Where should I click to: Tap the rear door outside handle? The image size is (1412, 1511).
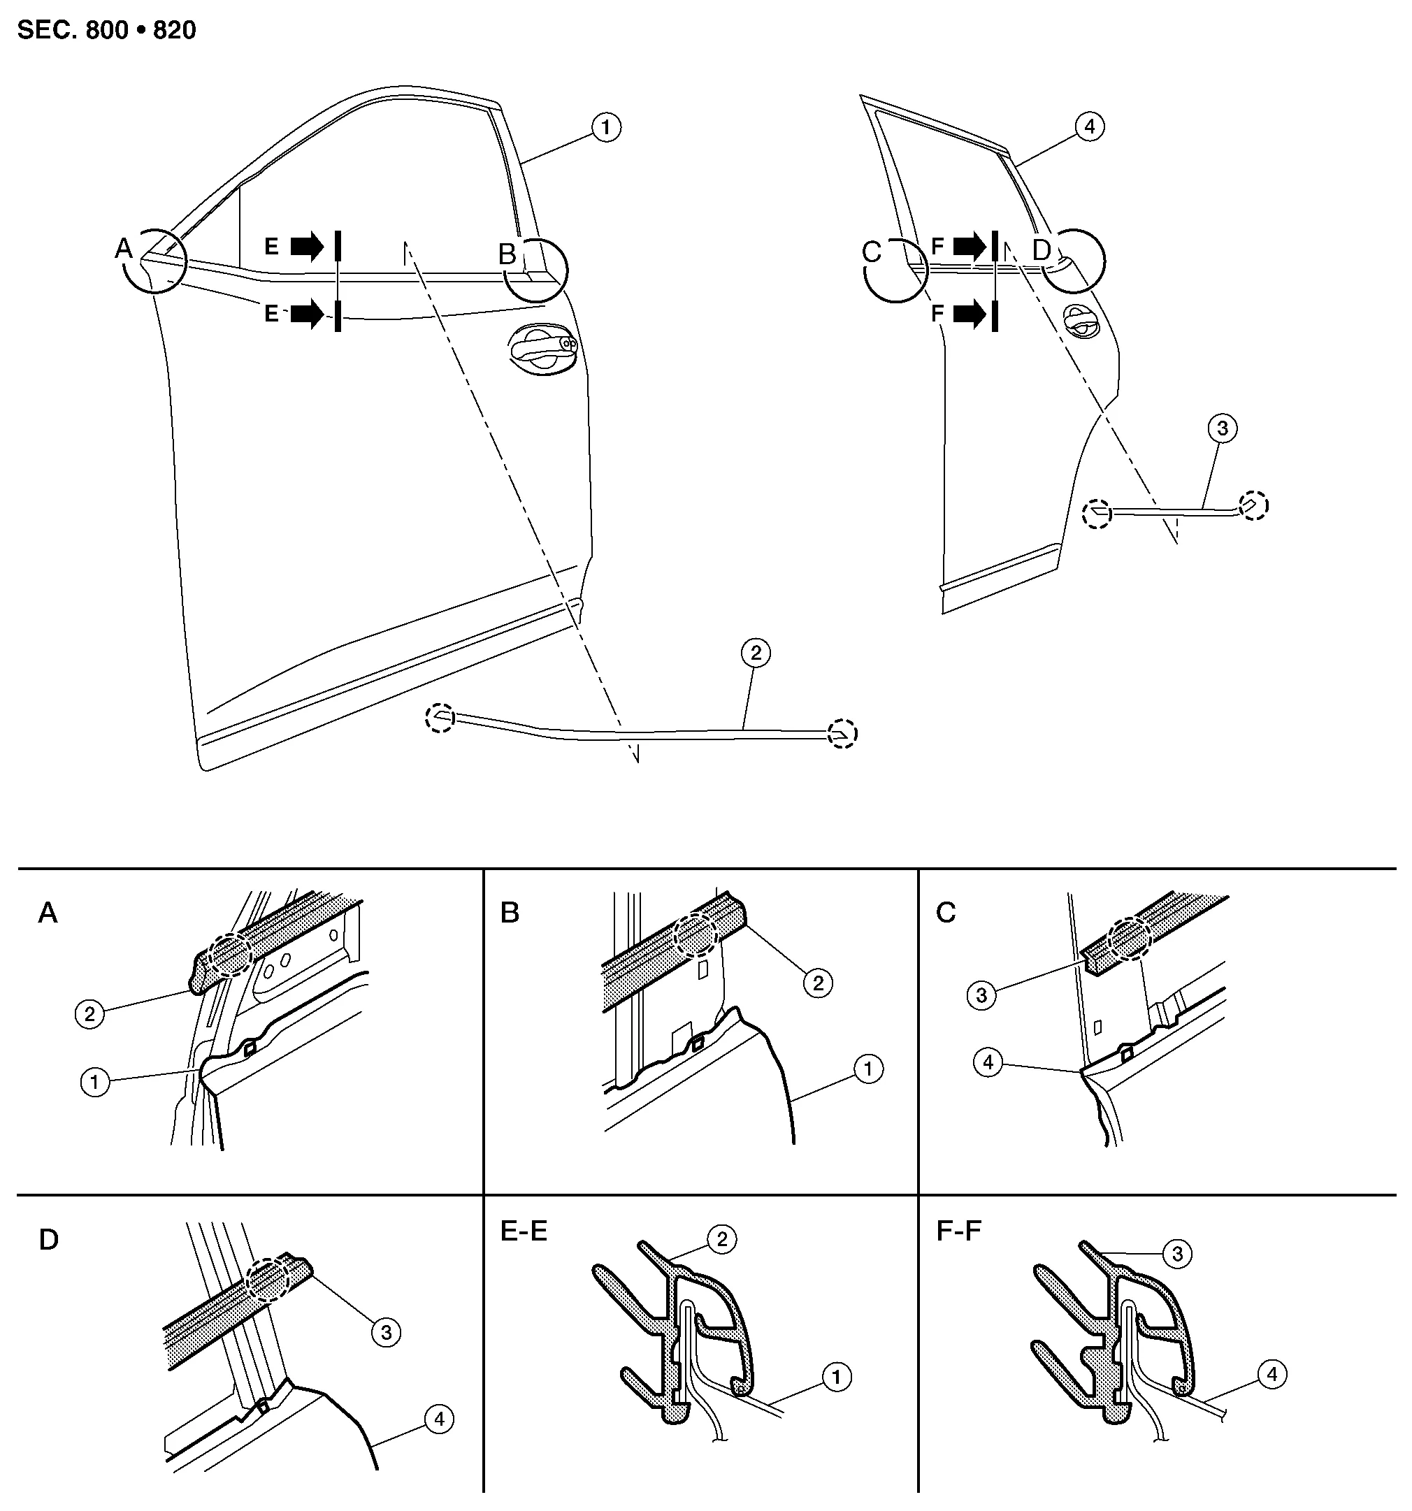(1083, 320)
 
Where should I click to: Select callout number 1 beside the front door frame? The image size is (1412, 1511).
(605, 128)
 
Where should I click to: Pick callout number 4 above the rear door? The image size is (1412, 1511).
(1090, 126)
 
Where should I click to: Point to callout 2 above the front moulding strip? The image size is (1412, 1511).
(755, 652)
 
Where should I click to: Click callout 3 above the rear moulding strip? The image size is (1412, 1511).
(1222, 428)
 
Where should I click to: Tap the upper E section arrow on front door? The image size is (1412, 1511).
(307, 246)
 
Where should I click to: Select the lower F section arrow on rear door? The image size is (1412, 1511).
(970, 314)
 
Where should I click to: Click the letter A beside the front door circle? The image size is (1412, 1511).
(123, 248)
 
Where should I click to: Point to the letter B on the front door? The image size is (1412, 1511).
(507, 254)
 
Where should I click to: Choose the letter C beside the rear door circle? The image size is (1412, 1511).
(872, 252)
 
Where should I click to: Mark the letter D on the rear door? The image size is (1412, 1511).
(1041, 250)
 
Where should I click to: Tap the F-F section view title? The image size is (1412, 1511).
(959, 1231)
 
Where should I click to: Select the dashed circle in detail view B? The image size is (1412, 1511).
(695, 935)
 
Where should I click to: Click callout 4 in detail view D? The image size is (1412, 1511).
(439, 1419)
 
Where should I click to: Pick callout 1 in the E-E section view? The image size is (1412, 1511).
(837, 1377)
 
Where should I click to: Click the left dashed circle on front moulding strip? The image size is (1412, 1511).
(440, 718)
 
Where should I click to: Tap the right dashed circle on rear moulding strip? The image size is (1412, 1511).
(1254, 505)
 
